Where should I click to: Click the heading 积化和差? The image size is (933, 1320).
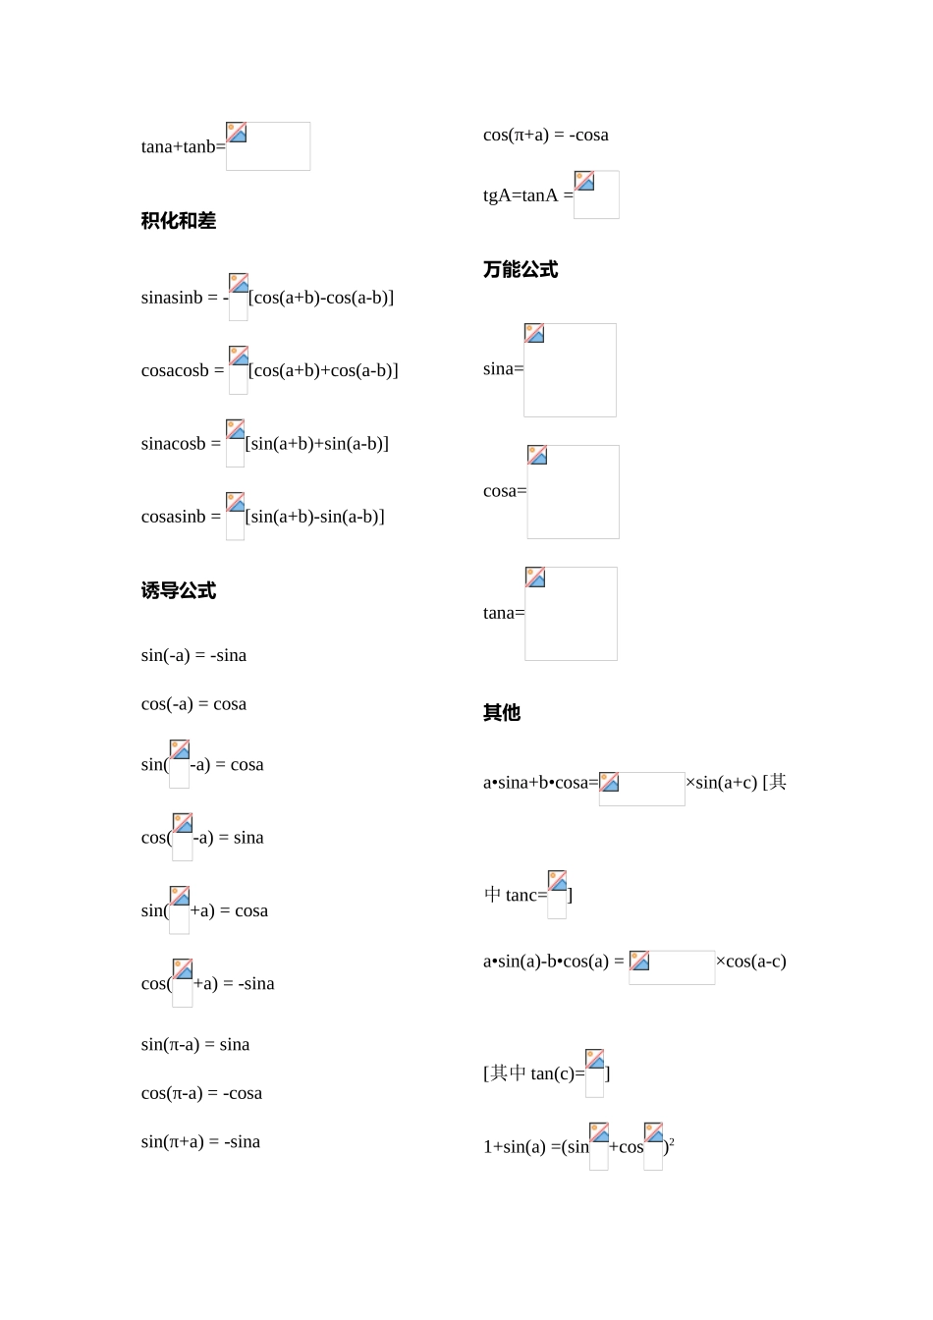coord(179,222)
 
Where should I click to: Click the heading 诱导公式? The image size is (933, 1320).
coord(179,591)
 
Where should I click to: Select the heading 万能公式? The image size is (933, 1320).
coord(521,270)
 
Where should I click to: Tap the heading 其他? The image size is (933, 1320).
coord(502,713)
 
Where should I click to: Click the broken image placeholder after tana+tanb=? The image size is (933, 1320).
coord(268,146)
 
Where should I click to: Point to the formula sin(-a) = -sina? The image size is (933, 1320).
coord(193,656)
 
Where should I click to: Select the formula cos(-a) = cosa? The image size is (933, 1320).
coord(193,704)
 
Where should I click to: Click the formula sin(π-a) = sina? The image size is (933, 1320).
coord(195,1045)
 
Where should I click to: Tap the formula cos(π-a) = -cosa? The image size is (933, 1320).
coord(201,1093)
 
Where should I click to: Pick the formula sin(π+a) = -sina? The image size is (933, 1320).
coord(200,1142)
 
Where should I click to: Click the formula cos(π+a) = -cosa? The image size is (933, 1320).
coord(546,136)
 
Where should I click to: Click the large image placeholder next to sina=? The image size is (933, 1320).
coord(570,370)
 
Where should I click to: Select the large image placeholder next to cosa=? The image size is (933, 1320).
coord(573,492)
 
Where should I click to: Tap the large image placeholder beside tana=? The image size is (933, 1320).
coord(571,614)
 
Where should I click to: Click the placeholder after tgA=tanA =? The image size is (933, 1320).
coord(596,194)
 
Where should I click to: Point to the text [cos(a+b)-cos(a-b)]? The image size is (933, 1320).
coord(321,298)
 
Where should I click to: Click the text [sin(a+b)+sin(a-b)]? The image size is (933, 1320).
coord(317,444)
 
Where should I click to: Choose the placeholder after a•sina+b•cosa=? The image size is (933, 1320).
coord(641,789)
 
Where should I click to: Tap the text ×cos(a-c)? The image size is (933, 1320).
coord(751,962)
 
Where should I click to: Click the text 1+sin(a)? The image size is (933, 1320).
coord(515,1147)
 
